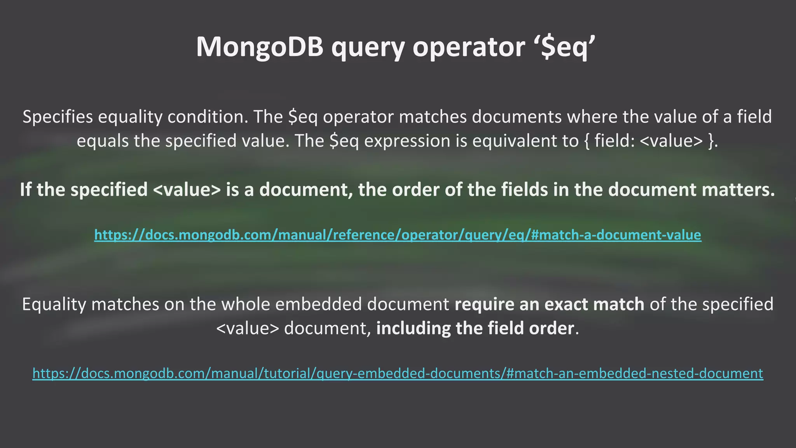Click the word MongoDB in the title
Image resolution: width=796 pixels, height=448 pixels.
[260, 47]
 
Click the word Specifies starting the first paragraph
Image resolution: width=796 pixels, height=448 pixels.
[58, 117]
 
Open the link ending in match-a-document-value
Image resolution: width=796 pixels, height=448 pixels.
[398, 235]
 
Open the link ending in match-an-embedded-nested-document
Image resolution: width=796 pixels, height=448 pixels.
[398, 373]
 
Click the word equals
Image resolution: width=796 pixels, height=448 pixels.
[102, 141]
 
